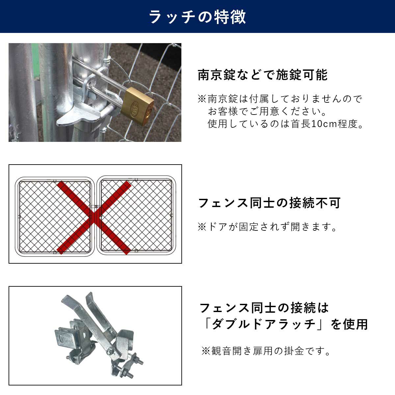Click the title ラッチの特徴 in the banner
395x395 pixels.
[197, 17]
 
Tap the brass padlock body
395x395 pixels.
[137, 107]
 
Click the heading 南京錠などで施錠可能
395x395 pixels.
[263, 75]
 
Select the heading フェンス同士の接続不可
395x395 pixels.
[269, 203]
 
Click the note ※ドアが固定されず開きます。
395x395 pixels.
[267, 227]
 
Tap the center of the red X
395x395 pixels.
[94, 217]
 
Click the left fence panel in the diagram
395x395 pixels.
[55, 217]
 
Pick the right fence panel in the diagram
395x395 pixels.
[136, 215]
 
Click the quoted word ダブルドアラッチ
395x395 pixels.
[264, 324]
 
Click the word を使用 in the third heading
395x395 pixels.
[349, 324]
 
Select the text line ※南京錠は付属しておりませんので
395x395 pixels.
[280, 99]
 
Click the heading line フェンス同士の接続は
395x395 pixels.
[264, 308]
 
